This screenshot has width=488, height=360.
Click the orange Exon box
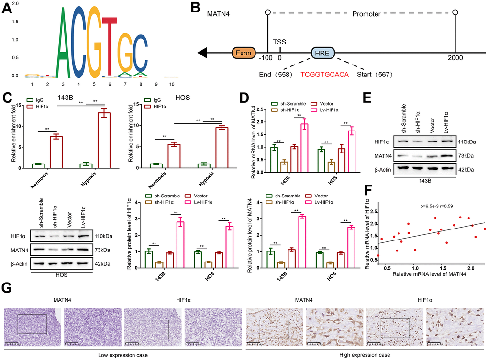tap(244, 52)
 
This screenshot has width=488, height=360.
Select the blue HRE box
tap(323, 52)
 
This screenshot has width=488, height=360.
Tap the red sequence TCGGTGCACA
tap(324, 75)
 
